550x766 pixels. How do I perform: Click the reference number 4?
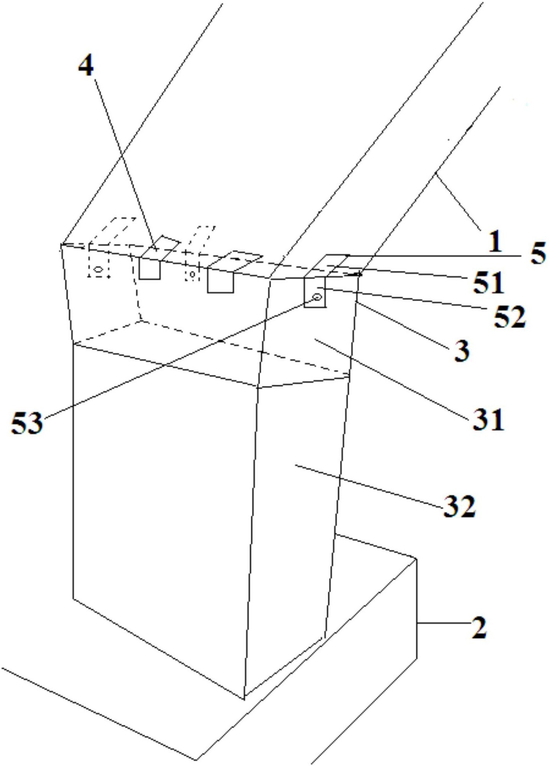[86, 66]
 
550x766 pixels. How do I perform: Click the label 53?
[27, 423]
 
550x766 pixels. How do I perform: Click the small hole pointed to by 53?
[318, 297]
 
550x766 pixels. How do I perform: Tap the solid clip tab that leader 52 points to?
[315, 292]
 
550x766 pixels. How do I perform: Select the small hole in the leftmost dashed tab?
[99, 269]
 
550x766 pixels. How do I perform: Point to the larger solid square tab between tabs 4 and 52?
[220, 280]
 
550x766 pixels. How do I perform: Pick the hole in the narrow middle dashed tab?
[192, 274]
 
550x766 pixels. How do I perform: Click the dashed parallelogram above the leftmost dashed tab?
[113, 231]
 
